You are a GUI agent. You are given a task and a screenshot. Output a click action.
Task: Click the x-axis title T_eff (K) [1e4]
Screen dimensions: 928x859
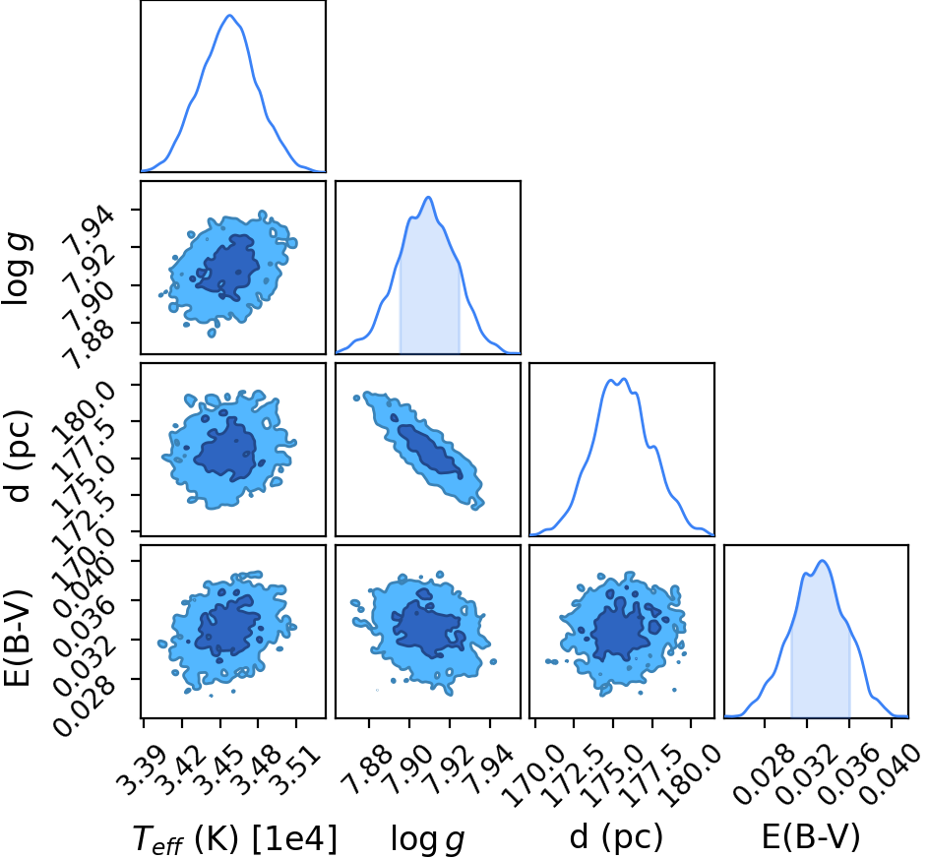[235, 838]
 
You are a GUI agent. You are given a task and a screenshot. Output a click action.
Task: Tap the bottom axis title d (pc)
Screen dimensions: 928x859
[616, 837]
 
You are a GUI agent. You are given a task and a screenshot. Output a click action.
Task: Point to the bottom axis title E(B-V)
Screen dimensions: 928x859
[810, 837]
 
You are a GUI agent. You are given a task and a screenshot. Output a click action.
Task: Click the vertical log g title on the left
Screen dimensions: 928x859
[17, 270]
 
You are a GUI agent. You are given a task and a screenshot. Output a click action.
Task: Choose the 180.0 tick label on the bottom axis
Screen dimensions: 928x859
[691, 775]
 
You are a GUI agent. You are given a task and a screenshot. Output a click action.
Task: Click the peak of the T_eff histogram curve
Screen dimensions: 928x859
[229, 16]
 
